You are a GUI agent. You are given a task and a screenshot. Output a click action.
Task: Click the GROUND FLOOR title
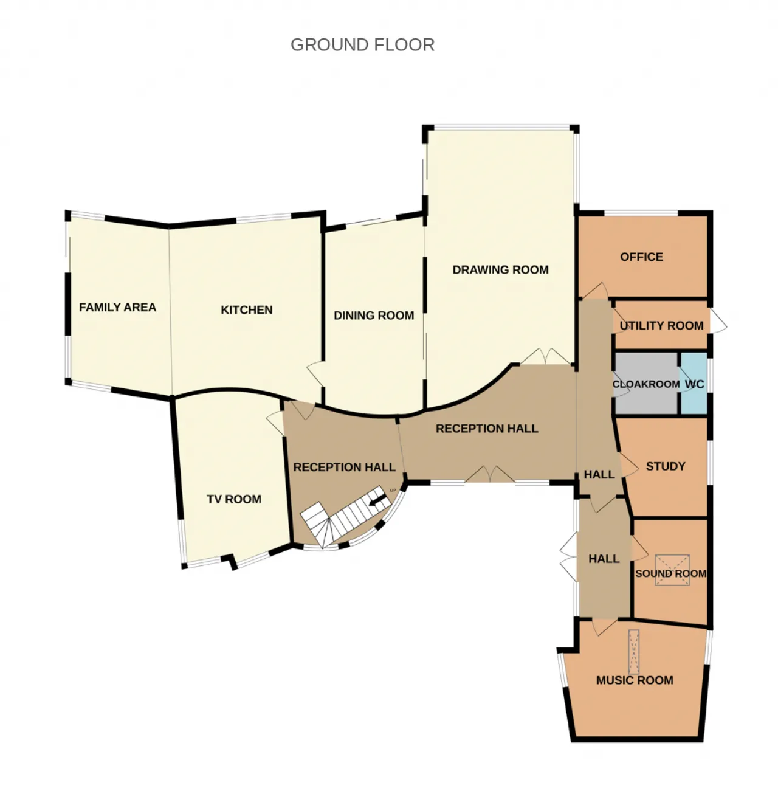[362, 45]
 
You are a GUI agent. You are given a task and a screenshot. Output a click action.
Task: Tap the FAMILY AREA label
[117, 307]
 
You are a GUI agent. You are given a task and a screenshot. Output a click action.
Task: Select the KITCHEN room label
[247, 309]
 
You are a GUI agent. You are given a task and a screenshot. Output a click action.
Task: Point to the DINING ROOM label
[374, 316]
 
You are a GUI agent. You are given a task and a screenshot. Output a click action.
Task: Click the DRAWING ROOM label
[500, 270]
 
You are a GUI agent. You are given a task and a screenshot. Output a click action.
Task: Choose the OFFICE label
[641, 257]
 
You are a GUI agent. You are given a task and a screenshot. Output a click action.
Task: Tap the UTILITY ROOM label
[661, 325]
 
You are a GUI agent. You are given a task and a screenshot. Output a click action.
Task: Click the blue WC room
[694, 383]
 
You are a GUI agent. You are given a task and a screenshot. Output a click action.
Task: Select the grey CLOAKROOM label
[646, 384]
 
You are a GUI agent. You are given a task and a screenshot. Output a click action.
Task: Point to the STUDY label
[665, 466]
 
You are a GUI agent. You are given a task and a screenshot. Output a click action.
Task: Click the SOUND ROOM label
[670, 573]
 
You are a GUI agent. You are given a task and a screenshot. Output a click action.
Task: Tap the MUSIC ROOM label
[635, 680]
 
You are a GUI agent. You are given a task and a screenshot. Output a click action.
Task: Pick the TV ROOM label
[234, 499]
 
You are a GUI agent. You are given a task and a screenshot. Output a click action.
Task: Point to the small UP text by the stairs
[393, 491]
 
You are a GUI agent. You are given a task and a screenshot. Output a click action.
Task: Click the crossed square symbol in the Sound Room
[673, 570]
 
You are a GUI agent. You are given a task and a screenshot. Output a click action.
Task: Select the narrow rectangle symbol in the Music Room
[633, 652]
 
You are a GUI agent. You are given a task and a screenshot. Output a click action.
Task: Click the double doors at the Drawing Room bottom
[545, 356]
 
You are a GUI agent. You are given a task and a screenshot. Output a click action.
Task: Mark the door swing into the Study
[628, 465]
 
